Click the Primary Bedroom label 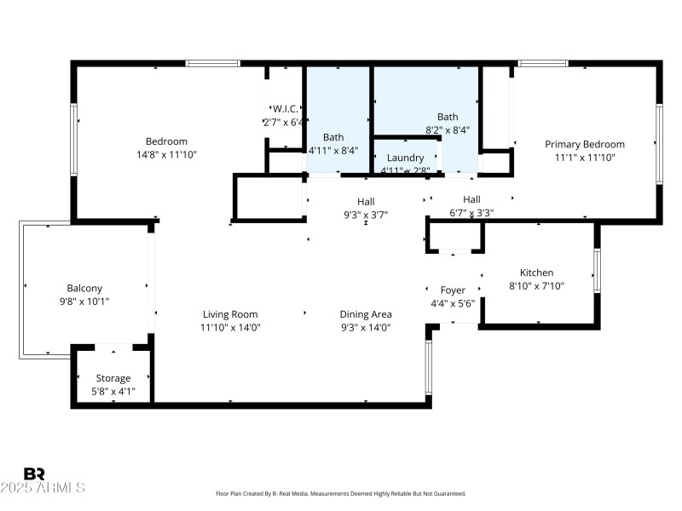coord(585,144)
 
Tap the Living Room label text coord(229,314)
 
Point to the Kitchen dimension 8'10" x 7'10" coord(536,286)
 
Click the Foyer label coord(453,290)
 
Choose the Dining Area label coord(366,314)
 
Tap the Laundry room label coord(405,158)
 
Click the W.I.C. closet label coord(285,108)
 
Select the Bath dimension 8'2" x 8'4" coord(448,130)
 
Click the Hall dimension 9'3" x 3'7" coord(366,215)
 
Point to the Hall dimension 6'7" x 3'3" coord(471,213)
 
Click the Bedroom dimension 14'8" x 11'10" coord(166,154)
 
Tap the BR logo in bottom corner coord(34,474)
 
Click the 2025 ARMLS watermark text coord(43,488)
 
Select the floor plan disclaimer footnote coord(341,494)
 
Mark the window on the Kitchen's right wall coord(598,271)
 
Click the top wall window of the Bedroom coord(213,63)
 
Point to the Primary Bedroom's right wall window coord(658,143)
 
